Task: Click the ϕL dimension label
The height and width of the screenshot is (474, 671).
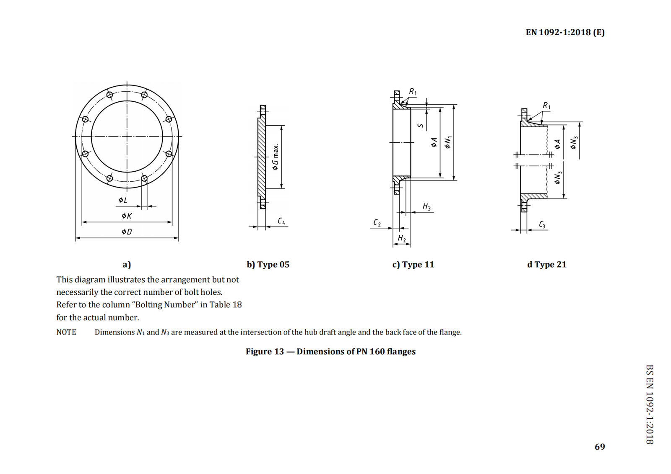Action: point(122,200)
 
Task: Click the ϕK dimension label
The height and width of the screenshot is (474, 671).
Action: point(126,216)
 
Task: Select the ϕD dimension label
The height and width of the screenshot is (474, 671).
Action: point(126,232)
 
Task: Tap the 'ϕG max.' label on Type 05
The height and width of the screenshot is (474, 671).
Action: point(276,157)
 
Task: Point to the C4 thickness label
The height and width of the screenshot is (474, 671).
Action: point(281,221)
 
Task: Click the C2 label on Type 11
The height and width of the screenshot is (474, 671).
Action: point(377,223)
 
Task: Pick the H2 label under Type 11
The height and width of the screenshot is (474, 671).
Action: point(402,238)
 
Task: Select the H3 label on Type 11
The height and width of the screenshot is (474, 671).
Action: point(427,206)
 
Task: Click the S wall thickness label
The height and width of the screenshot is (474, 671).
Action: point(421,126)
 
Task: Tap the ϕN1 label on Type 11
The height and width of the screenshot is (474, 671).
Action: point(448,142)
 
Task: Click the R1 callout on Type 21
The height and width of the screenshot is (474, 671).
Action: point(546,106)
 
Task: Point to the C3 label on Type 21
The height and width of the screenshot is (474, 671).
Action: point(542,225)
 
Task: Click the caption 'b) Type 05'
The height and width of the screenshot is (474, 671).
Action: point(268,265)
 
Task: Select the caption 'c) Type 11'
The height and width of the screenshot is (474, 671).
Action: point(413,265)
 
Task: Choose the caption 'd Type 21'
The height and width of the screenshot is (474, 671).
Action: point(546,265)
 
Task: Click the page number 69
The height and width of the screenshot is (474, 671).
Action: point(600,447)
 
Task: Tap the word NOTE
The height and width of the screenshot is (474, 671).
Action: point(66,332)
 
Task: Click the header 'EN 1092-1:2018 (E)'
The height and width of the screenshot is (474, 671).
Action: point(565,32)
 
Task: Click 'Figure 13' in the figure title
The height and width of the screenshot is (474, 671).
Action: point(265,351)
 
